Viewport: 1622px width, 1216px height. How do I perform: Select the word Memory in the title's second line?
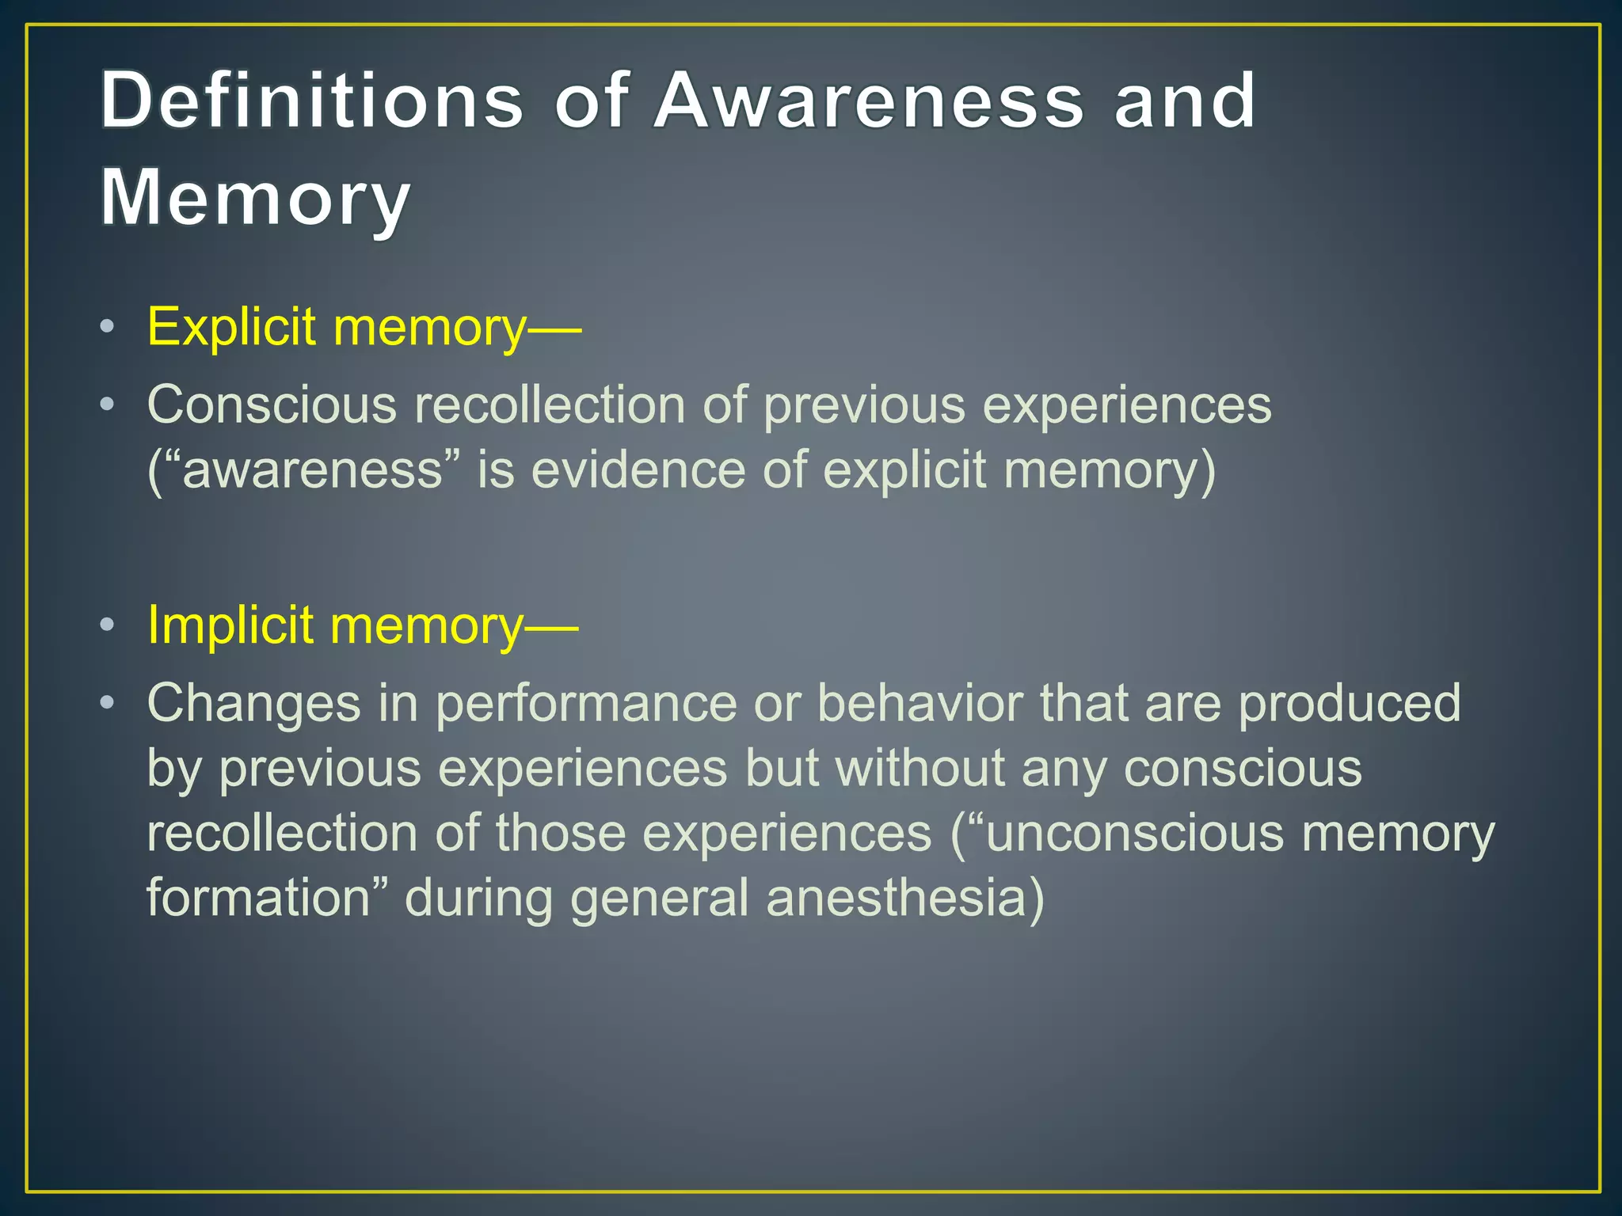pyautogui.click(x=255, y=198)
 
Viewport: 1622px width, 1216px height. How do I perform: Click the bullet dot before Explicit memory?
pyautogui.click(x=108, y=327)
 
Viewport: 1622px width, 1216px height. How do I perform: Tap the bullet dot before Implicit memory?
pyautogui.click(x=108, y=625)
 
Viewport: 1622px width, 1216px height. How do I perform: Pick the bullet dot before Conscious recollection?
pyautogui.click(x=108, y=405)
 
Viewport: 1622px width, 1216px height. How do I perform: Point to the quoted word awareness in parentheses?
pyautogui.click(x=312, y=470)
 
